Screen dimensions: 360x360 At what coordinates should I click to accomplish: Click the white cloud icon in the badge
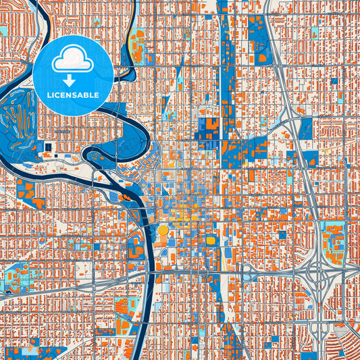[73, 61]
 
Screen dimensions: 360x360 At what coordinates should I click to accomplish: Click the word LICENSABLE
[73, 96]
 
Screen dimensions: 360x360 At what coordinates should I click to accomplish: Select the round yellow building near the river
[163, 230]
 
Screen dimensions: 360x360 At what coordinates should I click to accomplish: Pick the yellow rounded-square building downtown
[210, 240]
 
